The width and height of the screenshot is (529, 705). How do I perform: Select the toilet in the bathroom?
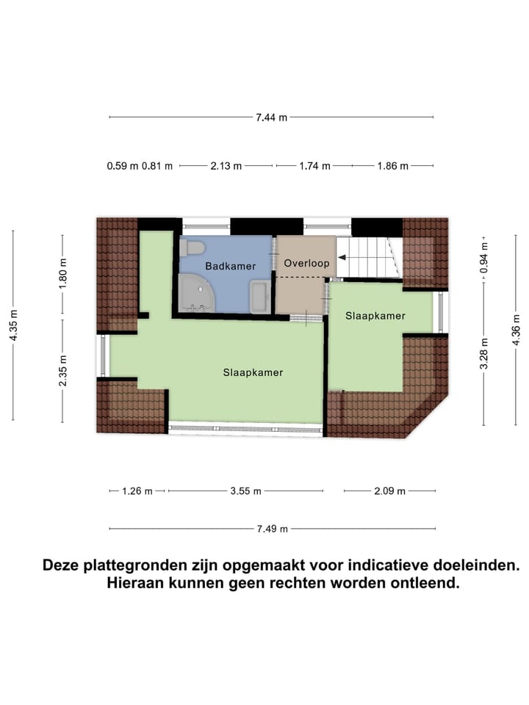(x=192, y=247)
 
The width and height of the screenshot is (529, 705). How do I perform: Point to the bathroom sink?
(x=260, y=296)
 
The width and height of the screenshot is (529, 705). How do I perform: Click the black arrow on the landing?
(x=343, y=258)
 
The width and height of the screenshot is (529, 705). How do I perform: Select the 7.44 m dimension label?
(x=271, y=117)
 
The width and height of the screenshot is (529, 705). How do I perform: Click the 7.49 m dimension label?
(x=272, y=529)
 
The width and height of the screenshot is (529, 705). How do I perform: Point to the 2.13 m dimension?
(x=226, y=166)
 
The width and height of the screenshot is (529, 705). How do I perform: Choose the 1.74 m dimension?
(x=314, y=166)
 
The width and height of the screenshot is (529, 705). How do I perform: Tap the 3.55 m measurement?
(x=245, y=491)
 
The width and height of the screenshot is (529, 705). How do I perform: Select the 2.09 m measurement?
(x=389, y=491)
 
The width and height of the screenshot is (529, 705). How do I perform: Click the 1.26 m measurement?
(x=137, y=491)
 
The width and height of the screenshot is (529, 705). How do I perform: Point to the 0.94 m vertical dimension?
(x=483, y=259)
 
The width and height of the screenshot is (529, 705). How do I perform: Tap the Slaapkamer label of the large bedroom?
(x=253, y=372)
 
